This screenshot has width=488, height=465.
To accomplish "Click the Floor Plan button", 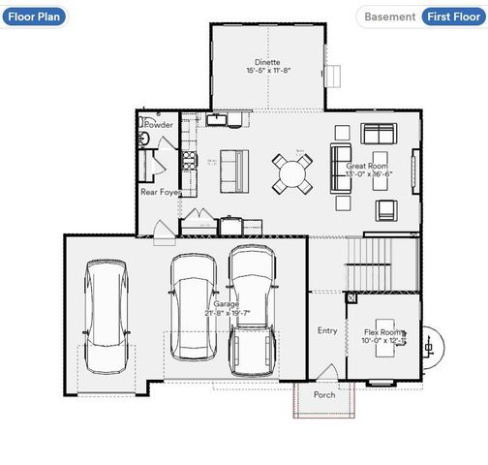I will [x=34, y=16].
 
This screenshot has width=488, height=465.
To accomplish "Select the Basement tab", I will [x=389, y=16].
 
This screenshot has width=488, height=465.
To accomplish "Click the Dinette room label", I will [x=268, y=61].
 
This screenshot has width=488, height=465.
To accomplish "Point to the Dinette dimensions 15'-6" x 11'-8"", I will [x=268, y=71].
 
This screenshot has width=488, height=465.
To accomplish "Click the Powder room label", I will [x=159, y=125].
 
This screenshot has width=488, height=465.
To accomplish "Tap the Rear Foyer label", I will [x=161, y=192].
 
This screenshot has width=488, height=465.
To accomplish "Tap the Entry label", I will [x=327, y=330].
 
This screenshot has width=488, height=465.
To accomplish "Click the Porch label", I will [x=324, y=395].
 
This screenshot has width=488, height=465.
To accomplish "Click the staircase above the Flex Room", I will [x=381, y=263].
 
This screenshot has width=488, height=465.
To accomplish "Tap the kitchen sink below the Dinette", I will [x=218, y=119].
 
